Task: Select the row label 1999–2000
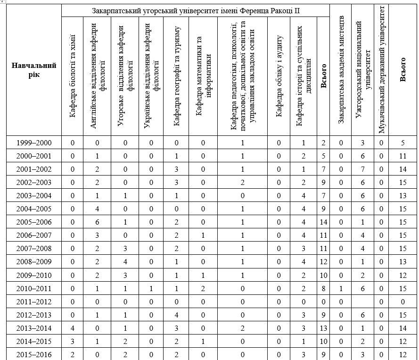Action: point(34,142)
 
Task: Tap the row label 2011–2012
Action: point(34,301)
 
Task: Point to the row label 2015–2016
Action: point(34,354)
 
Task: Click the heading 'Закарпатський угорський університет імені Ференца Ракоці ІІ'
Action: point(196,10)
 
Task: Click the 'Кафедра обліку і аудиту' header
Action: point(279,75)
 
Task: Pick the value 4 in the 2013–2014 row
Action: point(73,328)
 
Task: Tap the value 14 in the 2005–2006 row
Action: point(323,222)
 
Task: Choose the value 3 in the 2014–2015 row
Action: point(73,341)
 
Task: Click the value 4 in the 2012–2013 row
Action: point(176,315)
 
